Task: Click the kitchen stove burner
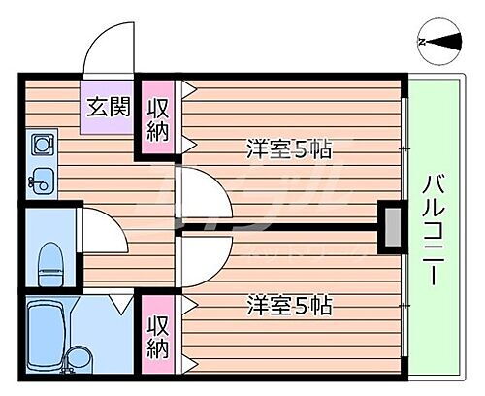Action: coord(42,147)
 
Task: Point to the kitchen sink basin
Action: coord(42,179)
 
